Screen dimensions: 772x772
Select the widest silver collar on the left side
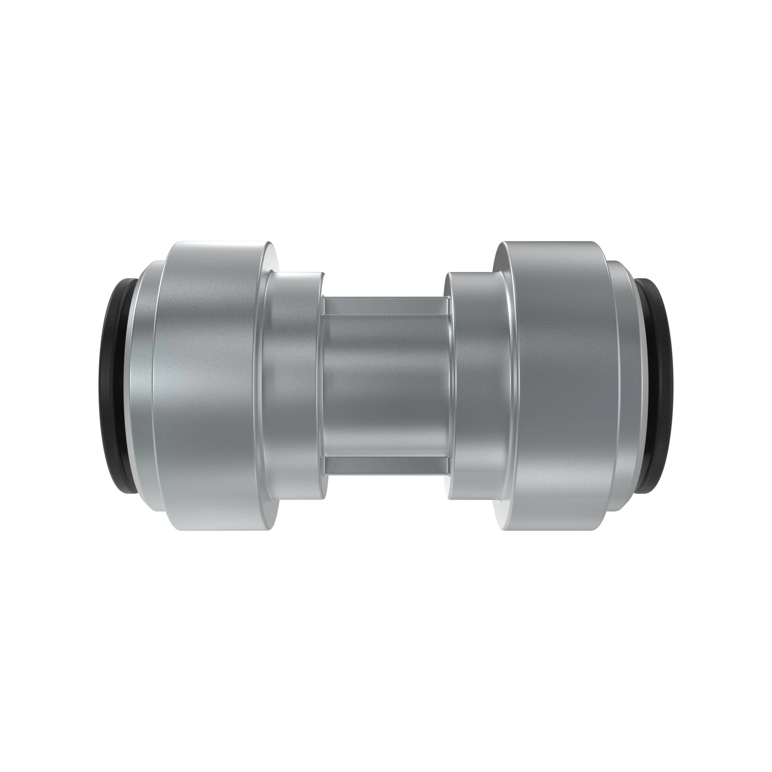[208, 386]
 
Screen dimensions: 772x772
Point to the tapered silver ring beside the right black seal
[629, 386]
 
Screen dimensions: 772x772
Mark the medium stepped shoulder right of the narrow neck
[476, 386]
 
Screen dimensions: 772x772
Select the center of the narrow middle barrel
[386, 386]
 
